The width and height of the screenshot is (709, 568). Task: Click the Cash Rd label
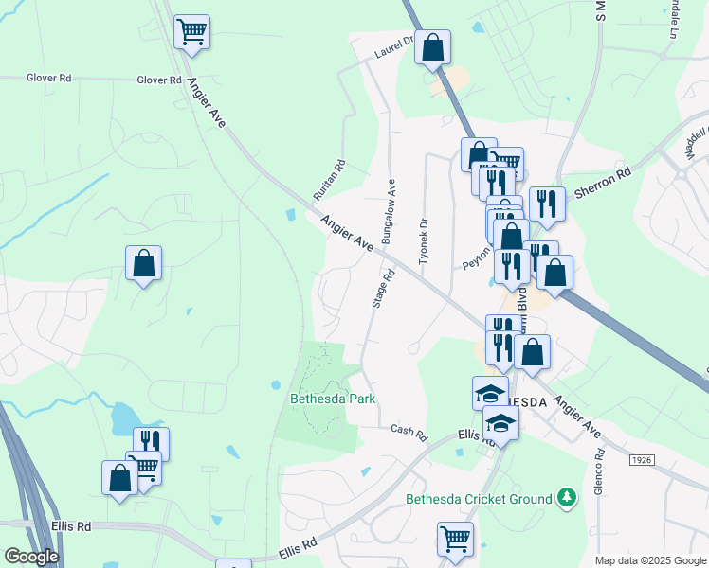(409, 432)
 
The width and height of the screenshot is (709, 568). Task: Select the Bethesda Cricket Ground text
(479, 499)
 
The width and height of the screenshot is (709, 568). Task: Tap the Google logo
(30, 557)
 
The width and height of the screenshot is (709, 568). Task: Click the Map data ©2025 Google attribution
(650, 560)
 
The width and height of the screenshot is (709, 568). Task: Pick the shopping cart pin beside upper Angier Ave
(191, 31)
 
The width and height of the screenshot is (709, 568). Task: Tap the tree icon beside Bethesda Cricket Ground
(566, 496)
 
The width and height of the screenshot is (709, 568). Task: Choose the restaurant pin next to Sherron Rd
(547, 203)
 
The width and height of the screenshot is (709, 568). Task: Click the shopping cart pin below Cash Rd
(455, 539)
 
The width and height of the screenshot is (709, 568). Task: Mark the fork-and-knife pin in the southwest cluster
(151, 442)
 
